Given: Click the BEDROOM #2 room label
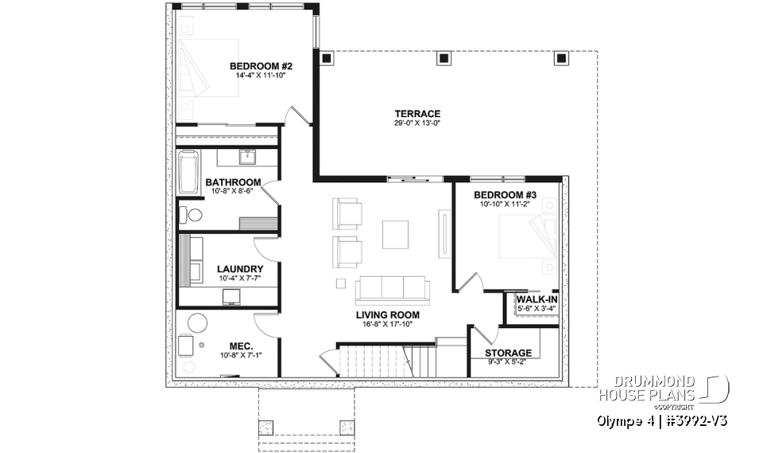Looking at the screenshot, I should (x=258, y=66).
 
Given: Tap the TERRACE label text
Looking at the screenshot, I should (x=417, y=114).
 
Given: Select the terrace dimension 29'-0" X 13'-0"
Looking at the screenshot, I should (x=417, y=123).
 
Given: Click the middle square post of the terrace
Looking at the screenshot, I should (x=443, y=59).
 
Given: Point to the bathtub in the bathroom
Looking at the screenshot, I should (x=188, y=172).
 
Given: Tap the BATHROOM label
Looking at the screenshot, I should (x=233, y=182).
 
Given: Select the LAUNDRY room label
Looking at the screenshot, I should (x=239, y=269).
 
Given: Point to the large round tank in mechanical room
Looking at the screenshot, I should (x=196, y=323).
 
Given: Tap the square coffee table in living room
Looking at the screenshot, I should (x=396, y=234).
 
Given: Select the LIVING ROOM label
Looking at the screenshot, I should (x=387, y=315).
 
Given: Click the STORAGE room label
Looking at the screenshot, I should (x=509, y=353).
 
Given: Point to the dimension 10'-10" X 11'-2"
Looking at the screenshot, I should (x=505, y=205).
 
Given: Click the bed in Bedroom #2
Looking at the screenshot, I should (x=208, y=68).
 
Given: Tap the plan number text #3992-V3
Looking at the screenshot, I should (x=695, y=420).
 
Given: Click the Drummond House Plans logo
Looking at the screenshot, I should (x=716, y=389).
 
